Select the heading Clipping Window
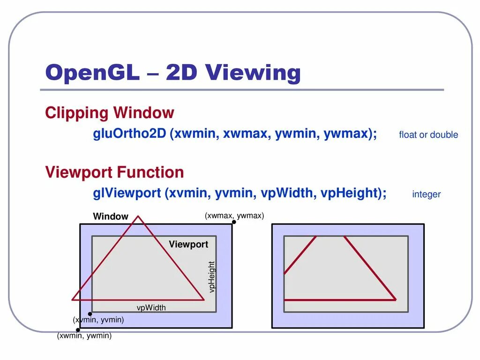click(x=109, y=113)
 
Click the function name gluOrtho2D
click(x=129, y=134)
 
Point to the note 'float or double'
click(x=428, y=135)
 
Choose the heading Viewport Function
click(x=114, y=172)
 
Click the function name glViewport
click(x=127, y=193)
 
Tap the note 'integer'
click(x=426, y=194)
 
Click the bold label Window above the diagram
click(x=111, y=217)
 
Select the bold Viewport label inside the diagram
click(x=188, y=244)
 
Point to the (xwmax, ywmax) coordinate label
click(x=234, y=216)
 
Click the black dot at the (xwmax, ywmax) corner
click(x=234, y=222)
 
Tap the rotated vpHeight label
click(x=212, y=277)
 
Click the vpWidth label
click(x=151, y=308)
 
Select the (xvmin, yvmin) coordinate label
click(x=98, y=320)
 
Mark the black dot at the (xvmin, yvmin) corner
click(x=90, y=314)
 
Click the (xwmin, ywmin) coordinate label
click(x=84, y=336)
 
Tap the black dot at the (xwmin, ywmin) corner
click(x=78, y=330)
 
